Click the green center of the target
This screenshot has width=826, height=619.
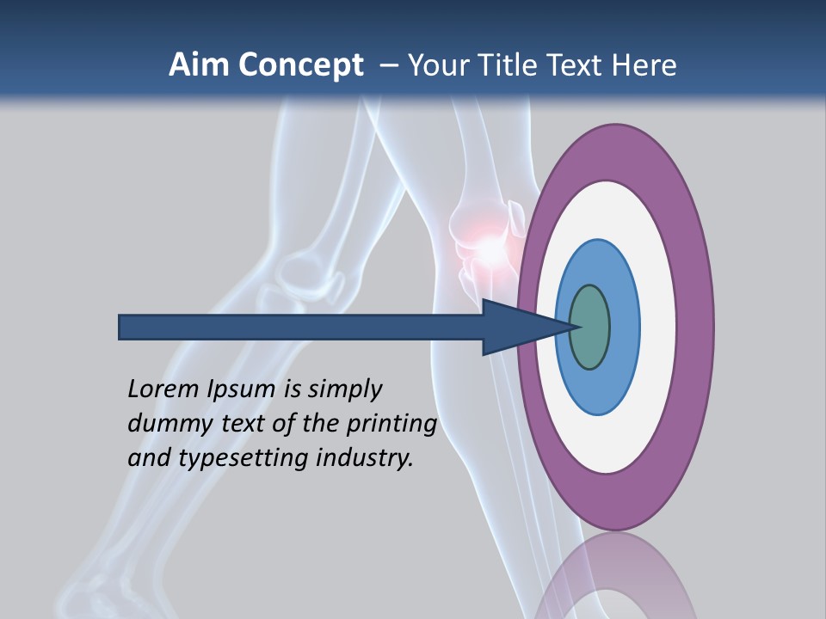point(590,327)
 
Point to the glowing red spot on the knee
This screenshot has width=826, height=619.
point(488,249)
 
